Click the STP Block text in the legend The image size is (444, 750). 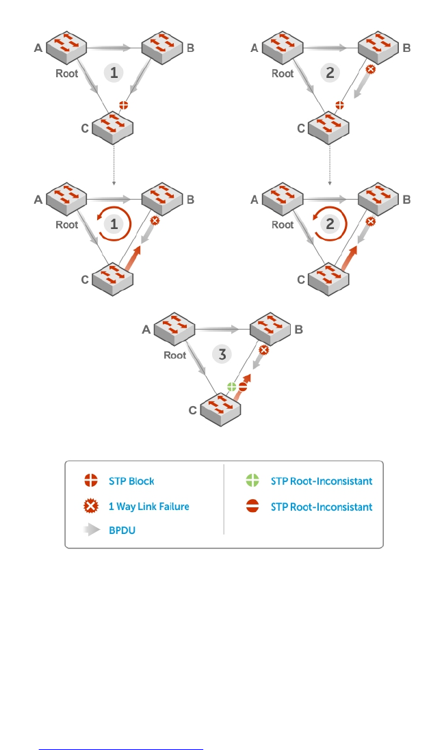pos(131,481)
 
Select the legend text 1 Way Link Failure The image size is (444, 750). pos(148,507)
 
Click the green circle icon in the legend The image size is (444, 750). pos(252,481)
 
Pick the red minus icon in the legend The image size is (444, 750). pos(252,507)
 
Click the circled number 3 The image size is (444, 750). pos(221,354)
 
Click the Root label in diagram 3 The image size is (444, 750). pos(175,356)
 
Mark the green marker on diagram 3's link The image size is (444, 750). pos(232,387)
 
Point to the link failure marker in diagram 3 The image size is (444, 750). pos(263,350)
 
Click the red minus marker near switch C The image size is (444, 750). pos(243,388)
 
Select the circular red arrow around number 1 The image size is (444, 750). pos(113,226)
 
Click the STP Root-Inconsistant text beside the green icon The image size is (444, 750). pos(322,481)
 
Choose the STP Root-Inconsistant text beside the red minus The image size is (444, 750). pos(322,507)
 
